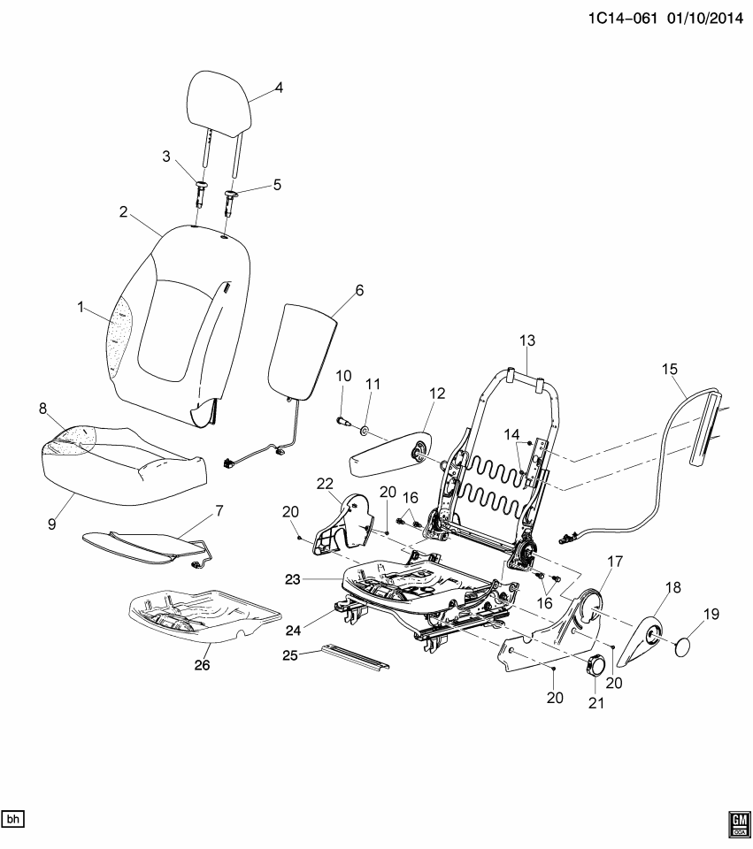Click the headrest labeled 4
pyautogui.click(x=220, y=102)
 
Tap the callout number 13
pyautogui.click(x=526, y=340)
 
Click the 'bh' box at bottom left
pyautogui.click(x=13, y=818)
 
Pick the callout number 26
pyautogui.click(x=203, y=666)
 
